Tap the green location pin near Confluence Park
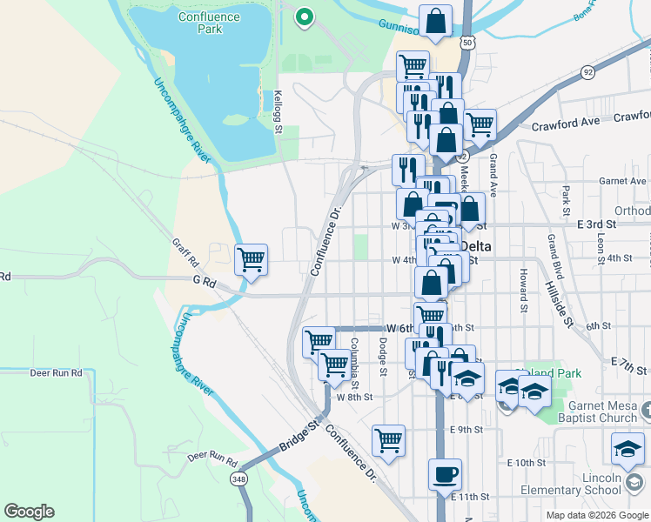coord(304,17)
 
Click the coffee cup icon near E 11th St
coord(445,474)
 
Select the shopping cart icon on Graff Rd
coord(251,258)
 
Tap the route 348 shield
coord(238,479)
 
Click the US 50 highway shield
coord(468,42)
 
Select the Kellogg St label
coord(279,111)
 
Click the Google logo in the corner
coord(29,512)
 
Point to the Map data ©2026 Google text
coord(597,515)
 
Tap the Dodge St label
coord(383,358)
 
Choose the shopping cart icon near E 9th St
coord(388,438)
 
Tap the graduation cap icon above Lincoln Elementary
coord(627,449)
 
